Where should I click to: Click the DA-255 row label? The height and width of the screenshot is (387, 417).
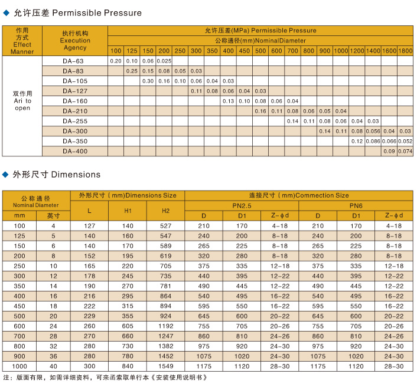(74, 121)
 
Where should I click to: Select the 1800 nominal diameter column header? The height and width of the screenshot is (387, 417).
(405, 51)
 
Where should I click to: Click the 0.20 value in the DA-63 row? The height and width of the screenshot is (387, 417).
(116, 61)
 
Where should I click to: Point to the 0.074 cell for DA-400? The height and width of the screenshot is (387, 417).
(405, 151)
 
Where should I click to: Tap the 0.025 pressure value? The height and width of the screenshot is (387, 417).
(164, 61)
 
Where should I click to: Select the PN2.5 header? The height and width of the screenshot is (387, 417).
(242, 205)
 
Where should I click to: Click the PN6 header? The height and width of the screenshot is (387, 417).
(356, 205)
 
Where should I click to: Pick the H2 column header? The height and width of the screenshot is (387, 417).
(166, 211)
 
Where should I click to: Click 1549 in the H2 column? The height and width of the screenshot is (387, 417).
(166, 366)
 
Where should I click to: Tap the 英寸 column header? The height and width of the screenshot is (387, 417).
(53, 216)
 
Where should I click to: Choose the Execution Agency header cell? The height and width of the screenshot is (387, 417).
(75, 41)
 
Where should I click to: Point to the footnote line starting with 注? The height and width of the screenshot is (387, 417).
(106, 377)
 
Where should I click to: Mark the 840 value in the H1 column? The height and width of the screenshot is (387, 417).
(128, 366)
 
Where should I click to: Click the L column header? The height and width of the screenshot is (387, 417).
(89, 211)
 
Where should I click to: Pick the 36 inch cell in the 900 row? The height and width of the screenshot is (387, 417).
(53, 356)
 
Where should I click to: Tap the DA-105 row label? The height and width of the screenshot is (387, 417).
(74, 81)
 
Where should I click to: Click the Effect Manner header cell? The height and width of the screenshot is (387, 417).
(22, 41)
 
